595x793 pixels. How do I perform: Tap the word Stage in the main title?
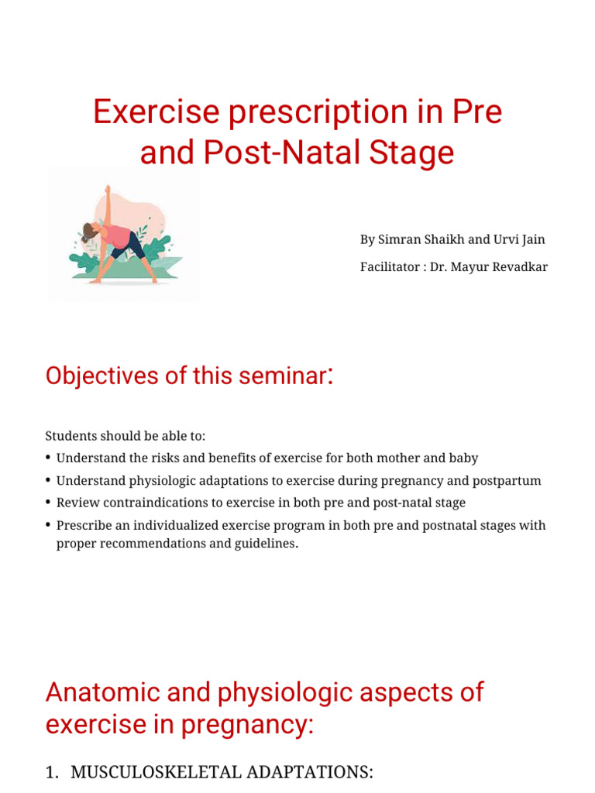click(415, 153)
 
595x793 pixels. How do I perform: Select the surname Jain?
click(531, 239)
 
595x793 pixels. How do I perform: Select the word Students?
click(70, 436)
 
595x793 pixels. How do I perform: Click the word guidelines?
click(267, 543)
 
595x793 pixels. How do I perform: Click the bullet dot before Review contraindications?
click(49, 503)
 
